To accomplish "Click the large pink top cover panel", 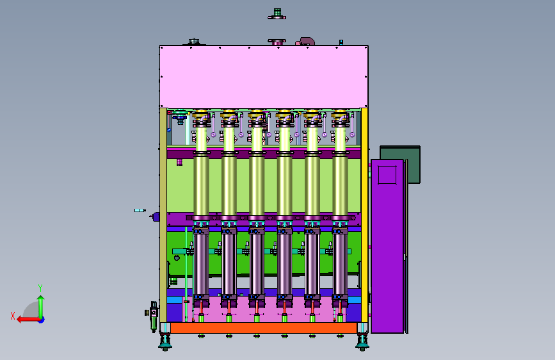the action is [x=264, y=76].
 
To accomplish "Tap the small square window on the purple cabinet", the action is [x=387, y=175].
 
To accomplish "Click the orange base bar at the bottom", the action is [x=264, y=328].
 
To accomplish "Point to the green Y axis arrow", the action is [x=41, y=307].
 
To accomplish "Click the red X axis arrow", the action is [x=29, y=320].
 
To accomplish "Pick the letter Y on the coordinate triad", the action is [x=40, y=288].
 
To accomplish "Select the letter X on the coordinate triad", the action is [x=13, y=316].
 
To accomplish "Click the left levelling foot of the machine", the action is [x=165, y=341].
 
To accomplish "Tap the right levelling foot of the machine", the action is [x=362, y=341].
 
